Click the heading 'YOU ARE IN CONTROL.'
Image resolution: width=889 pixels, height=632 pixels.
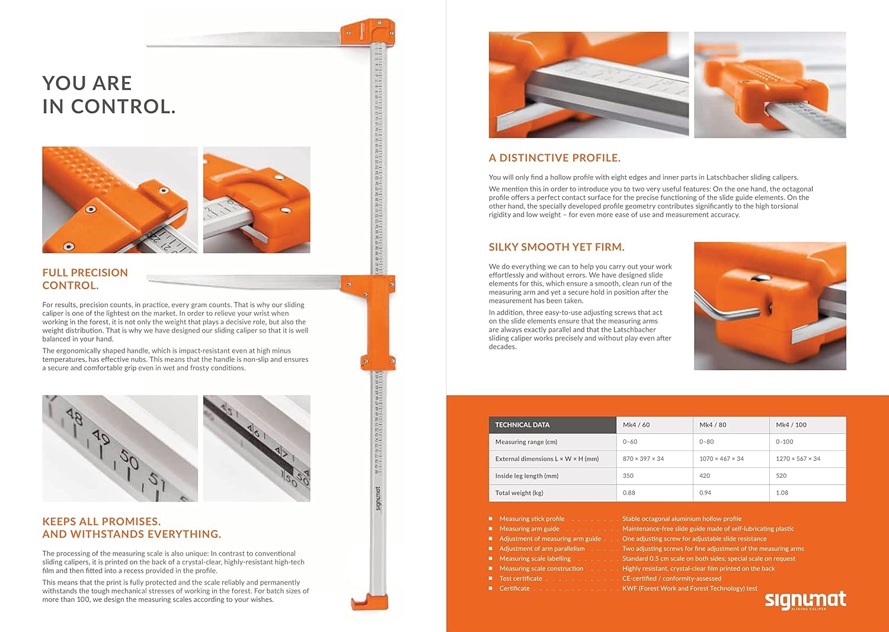108,95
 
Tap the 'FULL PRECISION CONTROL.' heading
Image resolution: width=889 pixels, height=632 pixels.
85,279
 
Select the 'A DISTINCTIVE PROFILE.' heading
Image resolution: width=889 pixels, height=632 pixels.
554,158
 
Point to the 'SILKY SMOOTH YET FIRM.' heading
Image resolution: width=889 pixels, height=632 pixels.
556,247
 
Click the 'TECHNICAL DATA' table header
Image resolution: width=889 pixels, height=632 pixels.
522,425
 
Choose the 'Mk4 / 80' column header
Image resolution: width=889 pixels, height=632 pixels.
712,425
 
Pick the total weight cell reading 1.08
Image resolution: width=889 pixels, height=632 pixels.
782,493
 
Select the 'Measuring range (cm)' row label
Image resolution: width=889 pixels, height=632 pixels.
526,442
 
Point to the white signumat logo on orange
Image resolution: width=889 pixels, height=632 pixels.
805,600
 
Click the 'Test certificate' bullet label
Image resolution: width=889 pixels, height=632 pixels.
520,579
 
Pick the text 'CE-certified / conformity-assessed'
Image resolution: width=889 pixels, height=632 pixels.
671,579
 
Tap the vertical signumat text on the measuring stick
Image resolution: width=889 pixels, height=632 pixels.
378,499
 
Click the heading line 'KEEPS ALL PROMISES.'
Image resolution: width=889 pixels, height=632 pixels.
101,522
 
